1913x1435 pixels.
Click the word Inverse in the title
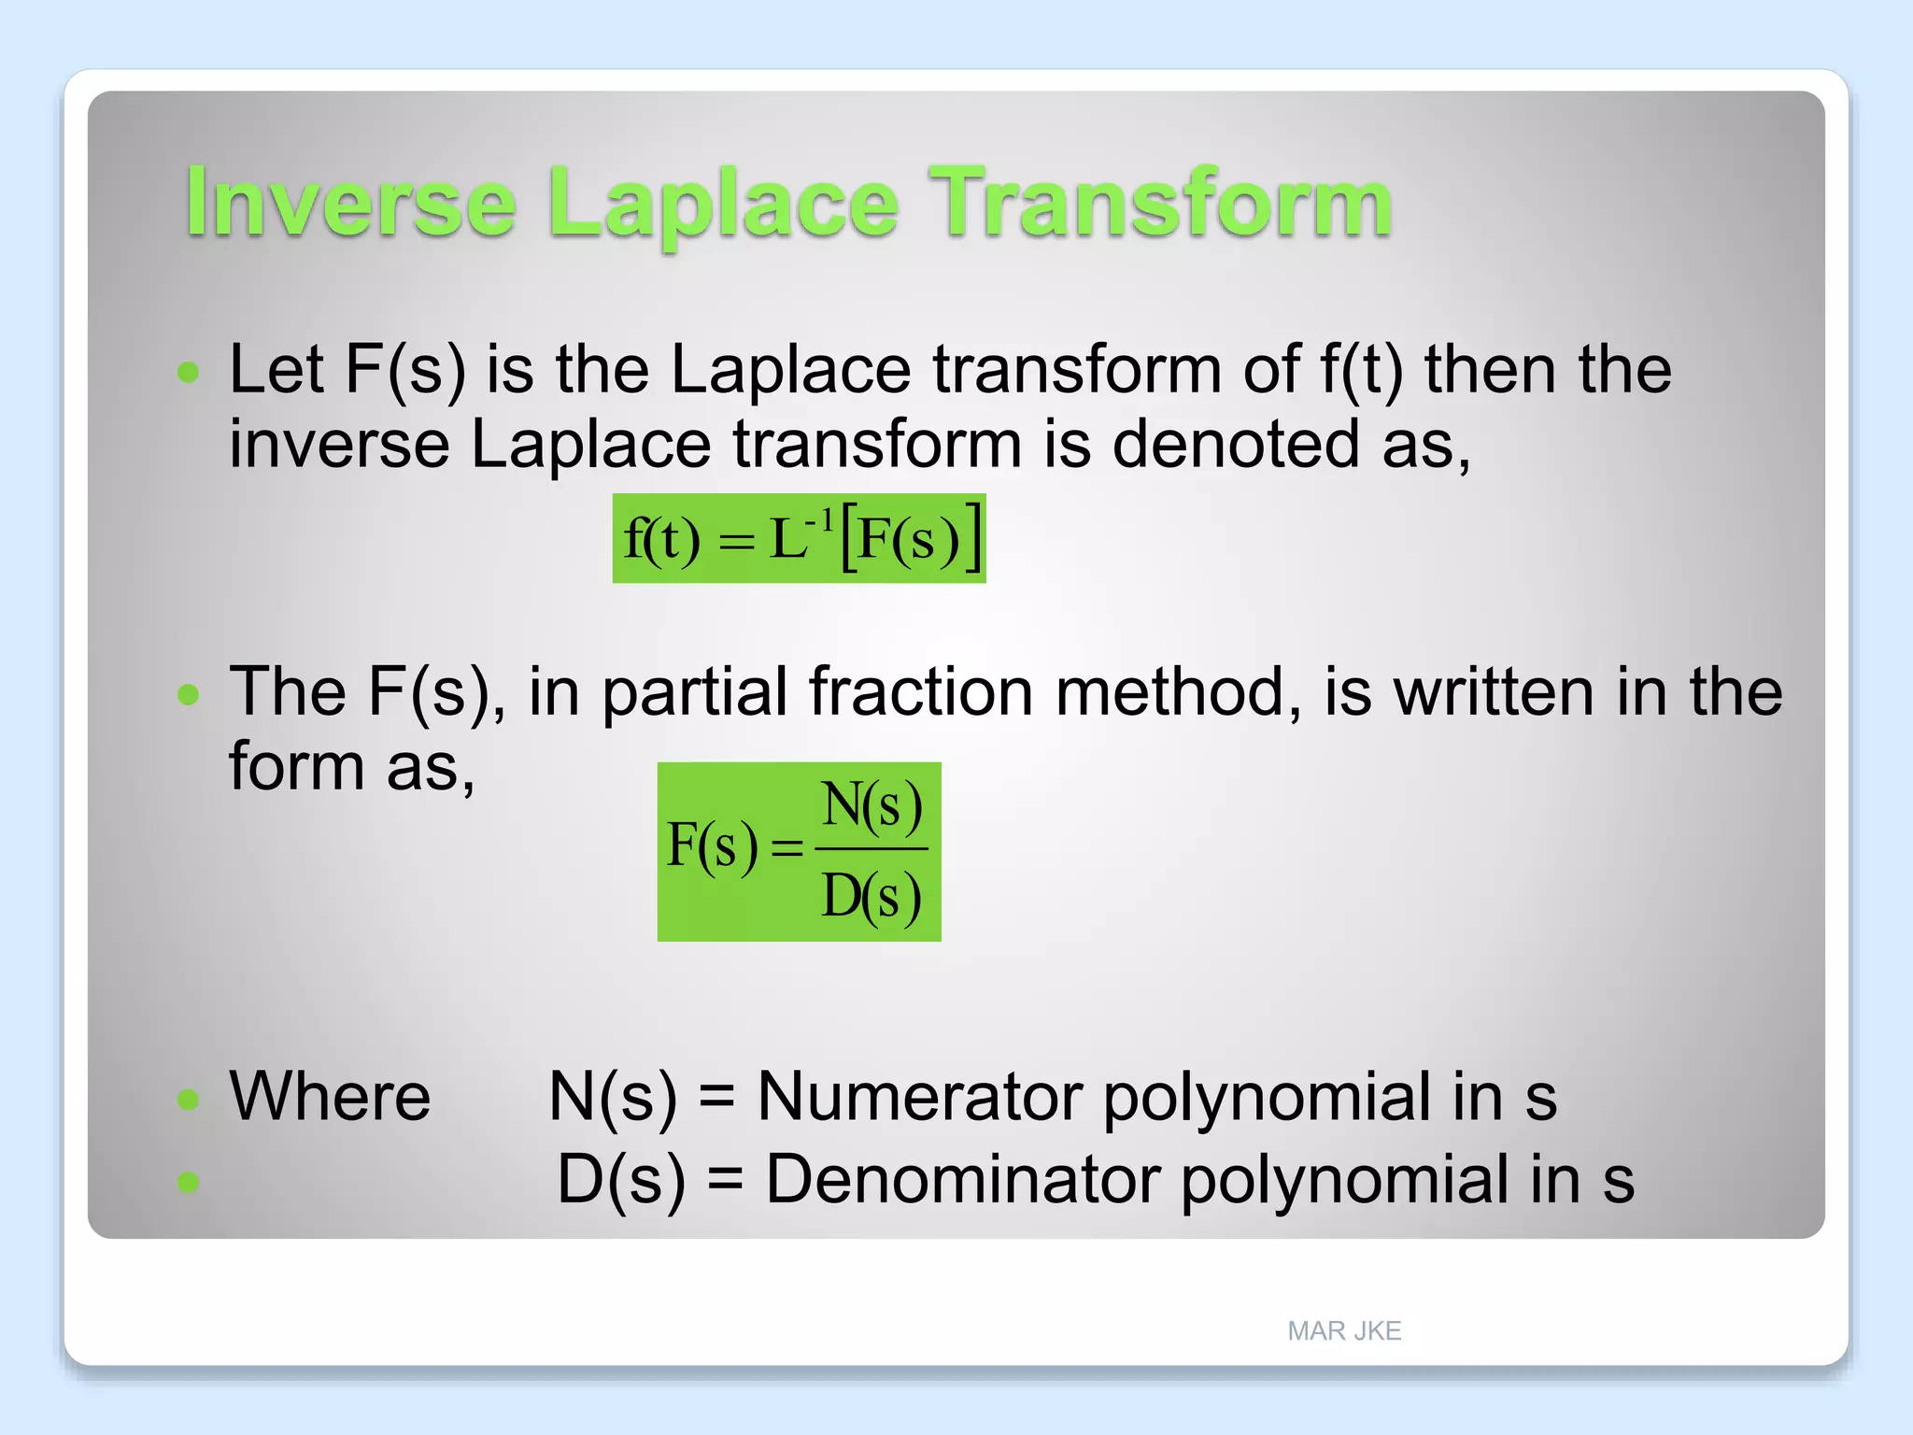(350, 203)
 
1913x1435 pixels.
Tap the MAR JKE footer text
(1343, 1330)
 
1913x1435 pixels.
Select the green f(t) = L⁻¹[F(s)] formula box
(799, 539)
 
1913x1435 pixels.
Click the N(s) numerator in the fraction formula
(871, 805)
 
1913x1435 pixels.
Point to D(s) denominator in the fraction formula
(871, 897)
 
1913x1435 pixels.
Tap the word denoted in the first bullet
(1235, 444)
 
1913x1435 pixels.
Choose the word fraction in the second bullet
(920, 692)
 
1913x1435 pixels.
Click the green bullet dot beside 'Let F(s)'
(189, 373)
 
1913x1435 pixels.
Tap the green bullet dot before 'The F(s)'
(189, 694)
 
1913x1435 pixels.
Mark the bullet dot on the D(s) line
(189, 1183)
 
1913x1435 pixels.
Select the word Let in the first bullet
(276, 370)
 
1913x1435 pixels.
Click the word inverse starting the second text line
(339, 444)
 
